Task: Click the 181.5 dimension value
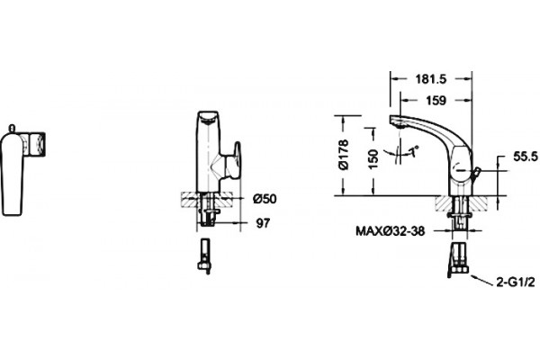click(x=430, y=79)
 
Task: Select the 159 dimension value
click(x=436, y=101)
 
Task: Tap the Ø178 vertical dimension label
click(x=344, y=155)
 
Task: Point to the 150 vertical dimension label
click(x=373, y=158)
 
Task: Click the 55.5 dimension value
click(x=526, y=157)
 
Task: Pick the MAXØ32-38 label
click(x=391, y=230)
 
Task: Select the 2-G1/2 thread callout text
click(x=516, y=282)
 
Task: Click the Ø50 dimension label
click(x=265, y=199)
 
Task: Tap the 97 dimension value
click(x=263, y=223)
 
